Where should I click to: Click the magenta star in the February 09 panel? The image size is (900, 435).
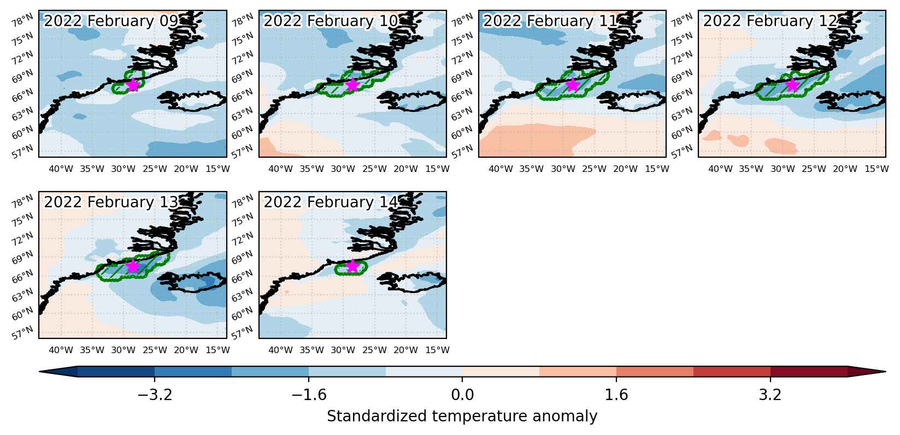pos(133,85)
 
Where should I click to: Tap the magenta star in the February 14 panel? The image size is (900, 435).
pos(352,266)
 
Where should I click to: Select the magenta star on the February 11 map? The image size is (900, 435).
pos(573,85)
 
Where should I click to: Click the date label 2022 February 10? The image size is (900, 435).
pos(330,21)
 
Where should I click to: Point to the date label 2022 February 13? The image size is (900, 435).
pos(111,202)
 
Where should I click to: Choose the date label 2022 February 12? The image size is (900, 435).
pos(770,21)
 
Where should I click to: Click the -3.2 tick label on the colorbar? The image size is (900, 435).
pos(155,395)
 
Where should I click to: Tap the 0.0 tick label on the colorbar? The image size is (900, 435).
pos(462,395)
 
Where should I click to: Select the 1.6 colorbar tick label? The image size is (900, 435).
pos(616,395)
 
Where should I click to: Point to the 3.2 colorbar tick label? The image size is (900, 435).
pos(770,395)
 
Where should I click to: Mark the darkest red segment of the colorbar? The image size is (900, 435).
pos(809,372)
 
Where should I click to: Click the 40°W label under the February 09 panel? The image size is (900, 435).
pos(61,169)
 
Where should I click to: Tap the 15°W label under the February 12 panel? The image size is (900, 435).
pos(877,169)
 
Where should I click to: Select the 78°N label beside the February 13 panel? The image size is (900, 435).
pos(22,201)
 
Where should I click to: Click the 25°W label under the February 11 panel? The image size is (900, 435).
pos(594,169)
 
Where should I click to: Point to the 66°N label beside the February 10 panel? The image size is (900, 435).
pos(242,96)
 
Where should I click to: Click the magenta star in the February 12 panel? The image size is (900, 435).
pos(792,85)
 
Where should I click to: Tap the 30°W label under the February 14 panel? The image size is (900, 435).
pos(343,350)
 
